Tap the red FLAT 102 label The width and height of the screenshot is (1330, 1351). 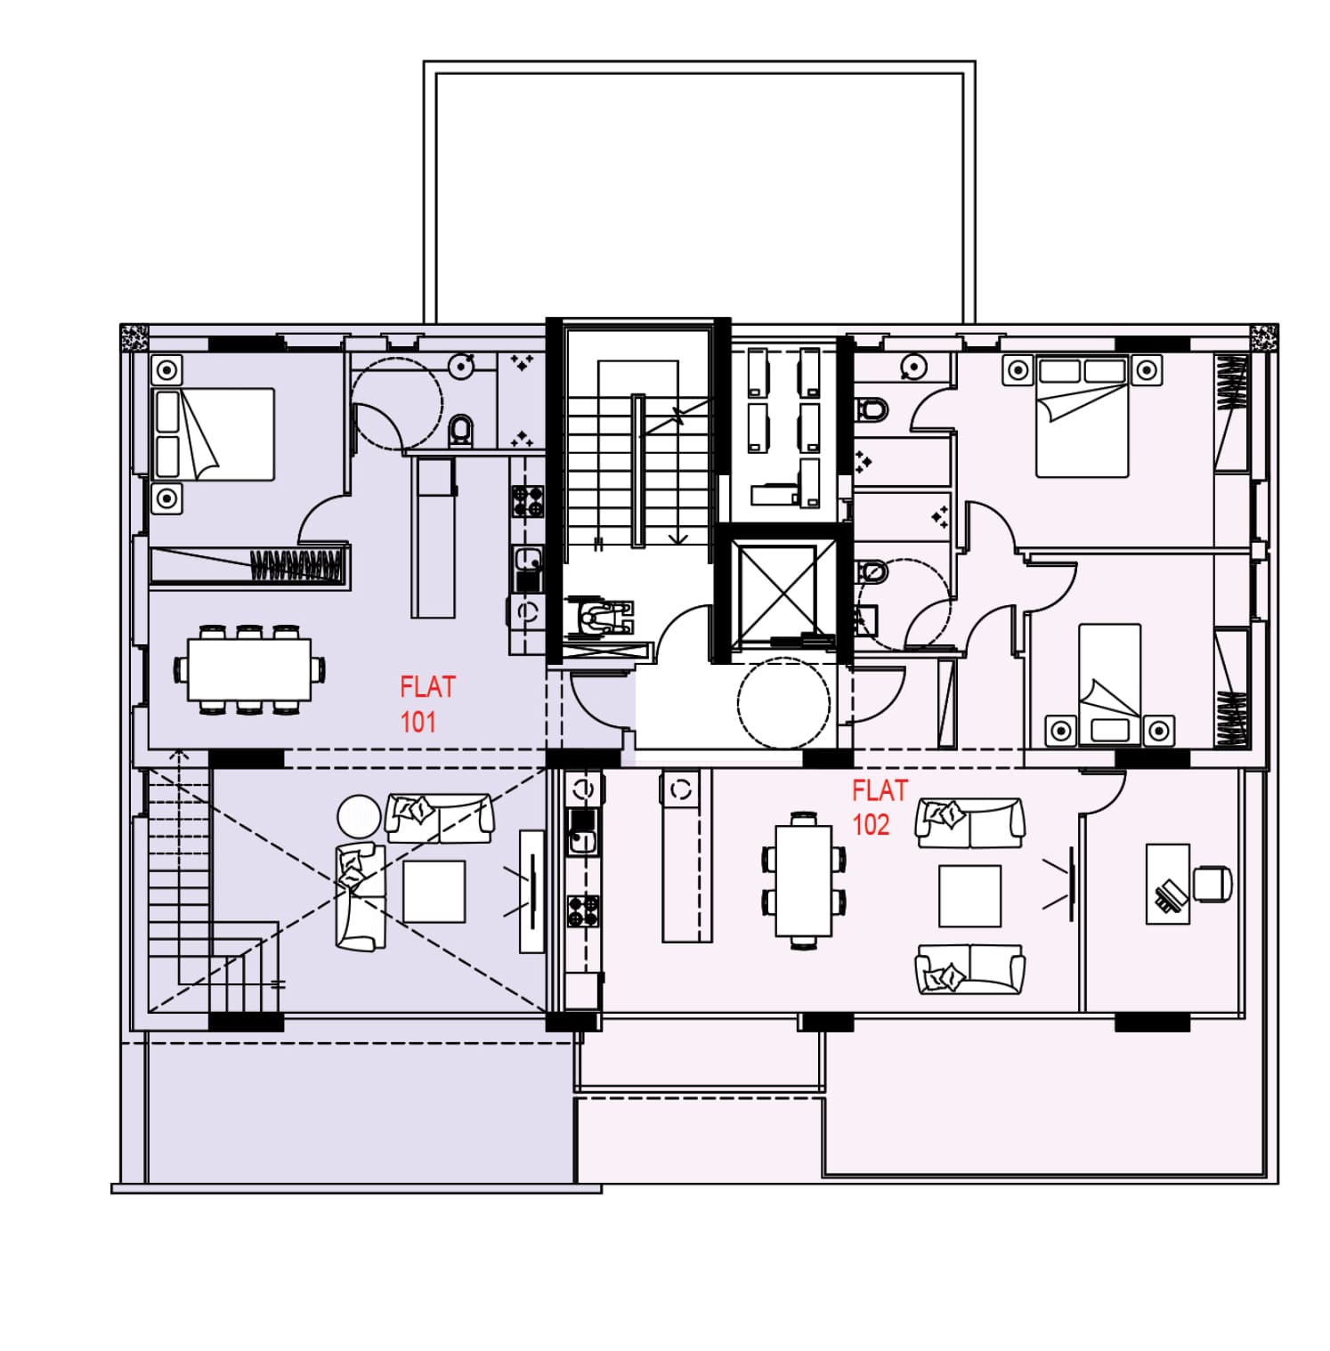click(880, 807)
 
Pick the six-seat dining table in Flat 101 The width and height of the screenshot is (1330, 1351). click(249, 669)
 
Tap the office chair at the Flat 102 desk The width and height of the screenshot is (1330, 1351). click(1212, 883)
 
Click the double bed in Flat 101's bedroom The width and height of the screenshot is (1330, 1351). click(214, 434)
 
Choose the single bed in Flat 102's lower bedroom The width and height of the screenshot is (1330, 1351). click(1109, 684)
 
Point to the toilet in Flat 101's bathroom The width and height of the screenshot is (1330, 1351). click(461, 430)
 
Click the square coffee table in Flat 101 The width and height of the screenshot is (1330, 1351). click(434, 891)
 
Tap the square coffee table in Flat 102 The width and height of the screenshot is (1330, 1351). click(969, 895)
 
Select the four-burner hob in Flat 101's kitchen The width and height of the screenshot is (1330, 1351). click(527, 501)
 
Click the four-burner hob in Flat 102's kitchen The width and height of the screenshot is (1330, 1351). click(583, 911)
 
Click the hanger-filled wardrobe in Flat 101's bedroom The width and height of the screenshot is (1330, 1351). click(249, 566)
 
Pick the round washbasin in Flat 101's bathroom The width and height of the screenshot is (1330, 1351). click(460, 366)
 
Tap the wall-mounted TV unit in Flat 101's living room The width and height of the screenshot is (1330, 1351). click(531, 891)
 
